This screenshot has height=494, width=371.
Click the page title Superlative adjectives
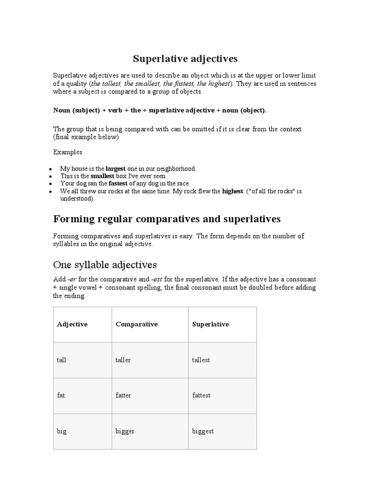pyautogui.click(x=185, y=59)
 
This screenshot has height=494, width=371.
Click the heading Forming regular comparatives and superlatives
pyautogui.click(x=166, y=219)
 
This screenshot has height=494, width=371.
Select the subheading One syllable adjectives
pyautogui.click(x=105, y=264)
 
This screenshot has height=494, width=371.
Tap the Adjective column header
pyautogui.click(x=72, y=324)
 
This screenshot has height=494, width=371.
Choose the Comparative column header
pyautogui.click(x=137, y=324)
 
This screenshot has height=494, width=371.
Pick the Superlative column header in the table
pyautogui.click(x=211, y=324)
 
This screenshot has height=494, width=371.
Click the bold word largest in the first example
pyautogui.click(x=115, y=169)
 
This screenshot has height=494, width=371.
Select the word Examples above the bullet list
pyautogui.click(x=68, y=152)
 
